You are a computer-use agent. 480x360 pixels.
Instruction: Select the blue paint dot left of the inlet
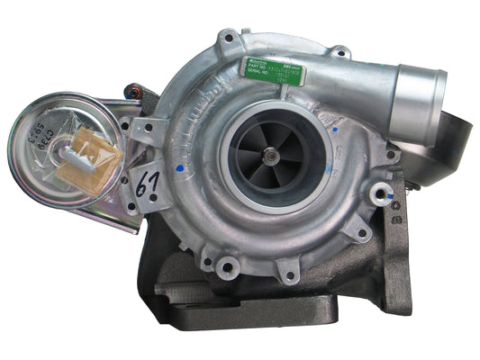click(x=183, y=166)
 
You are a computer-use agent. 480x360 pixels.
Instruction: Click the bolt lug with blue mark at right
click(x=382, y=192)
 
